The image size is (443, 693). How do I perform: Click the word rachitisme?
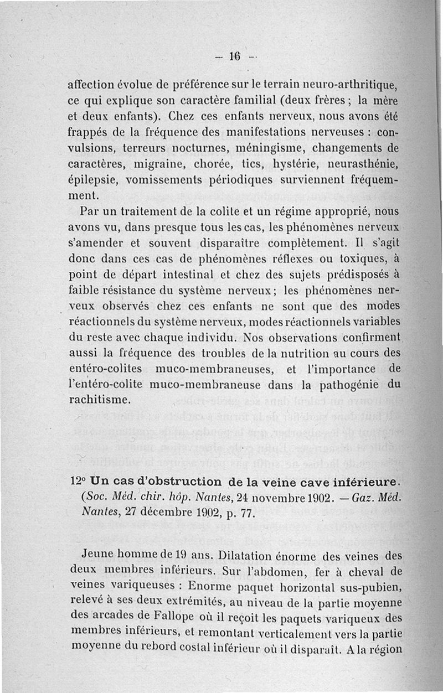[x=99, y=399]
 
